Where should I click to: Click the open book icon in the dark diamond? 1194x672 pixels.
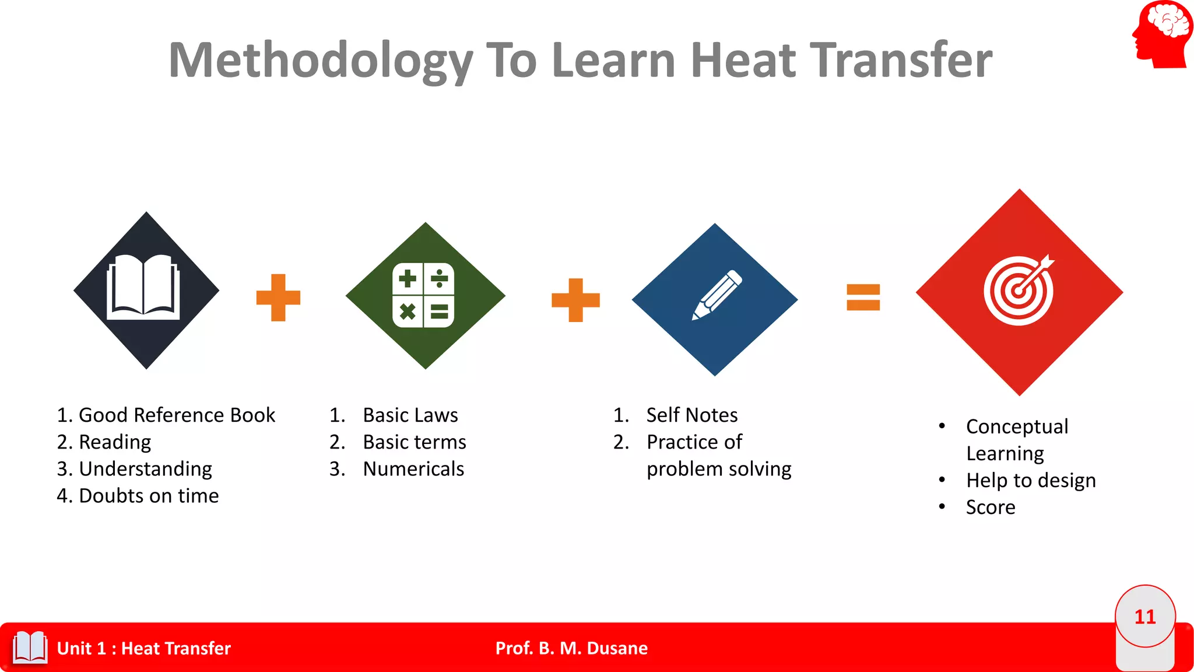tap(143, 287)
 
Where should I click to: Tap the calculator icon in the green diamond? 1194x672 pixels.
tap(423, 295)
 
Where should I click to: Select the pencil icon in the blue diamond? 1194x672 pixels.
tap(717, 295)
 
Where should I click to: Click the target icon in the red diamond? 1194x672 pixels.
tap(1019, 290)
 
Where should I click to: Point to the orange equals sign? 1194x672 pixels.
tap(863, 297)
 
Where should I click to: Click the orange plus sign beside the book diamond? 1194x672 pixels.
tap(279, 297)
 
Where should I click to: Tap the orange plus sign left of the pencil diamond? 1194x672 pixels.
tap(575, 300)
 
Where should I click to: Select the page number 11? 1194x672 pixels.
tap(1145, 617)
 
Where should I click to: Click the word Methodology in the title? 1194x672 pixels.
tap(321, 61)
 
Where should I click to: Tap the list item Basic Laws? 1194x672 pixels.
tap(410, 415)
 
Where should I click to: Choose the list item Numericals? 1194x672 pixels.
tap(413, 469)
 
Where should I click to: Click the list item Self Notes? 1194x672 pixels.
tap(692, 415)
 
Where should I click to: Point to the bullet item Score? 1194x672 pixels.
tap(991, 508)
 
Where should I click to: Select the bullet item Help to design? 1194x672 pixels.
tap(1031, 481)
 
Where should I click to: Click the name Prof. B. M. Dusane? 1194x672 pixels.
tap(571, 648)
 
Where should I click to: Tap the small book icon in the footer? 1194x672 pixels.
tap(30, 647)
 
